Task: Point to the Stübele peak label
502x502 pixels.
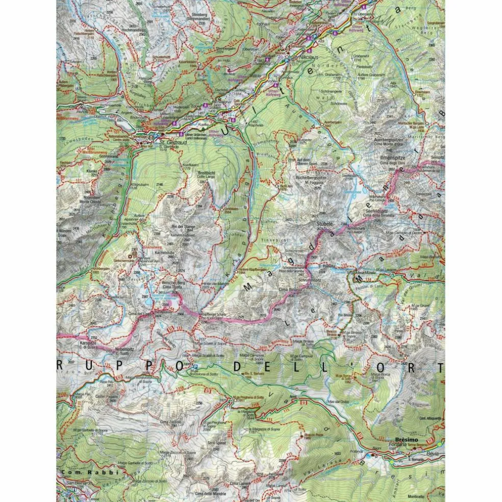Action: (324, 223)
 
